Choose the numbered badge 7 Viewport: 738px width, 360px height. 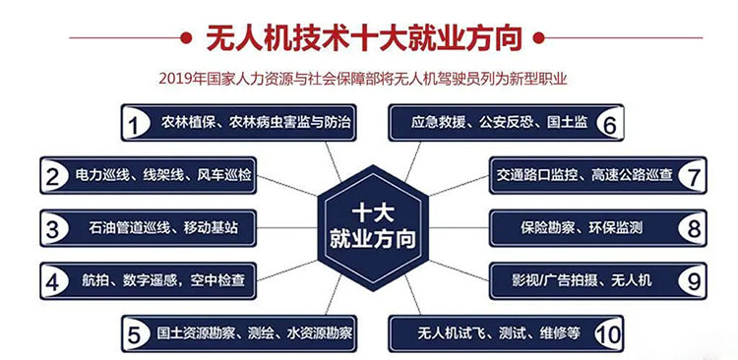(693, 177)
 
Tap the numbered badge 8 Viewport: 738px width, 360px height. (693, 229)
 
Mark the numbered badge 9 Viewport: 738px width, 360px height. (693, 281)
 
